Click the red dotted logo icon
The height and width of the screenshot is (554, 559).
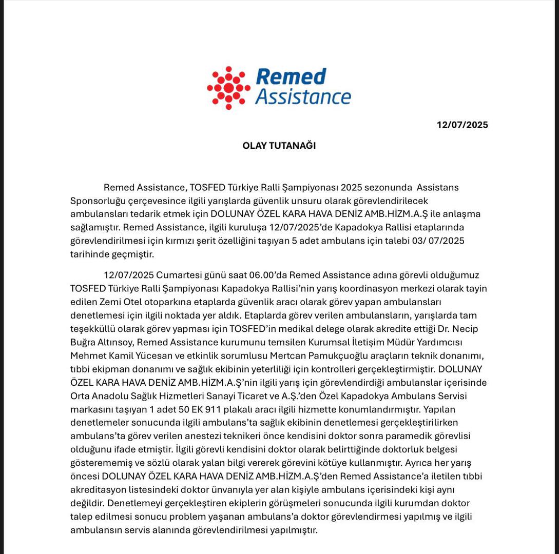(228, 87)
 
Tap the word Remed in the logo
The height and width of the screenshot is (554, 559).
(291, 77)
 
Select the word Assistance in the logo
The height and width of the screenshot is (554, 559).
(303, 96)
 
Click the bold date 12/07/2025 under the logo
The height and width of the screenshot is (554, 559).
(462, 125)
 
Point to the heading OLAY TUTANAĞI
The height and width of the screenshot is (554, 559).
(279, 146)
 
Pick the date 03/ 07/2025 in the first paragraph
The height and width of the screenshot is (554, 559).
(438, 241)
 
